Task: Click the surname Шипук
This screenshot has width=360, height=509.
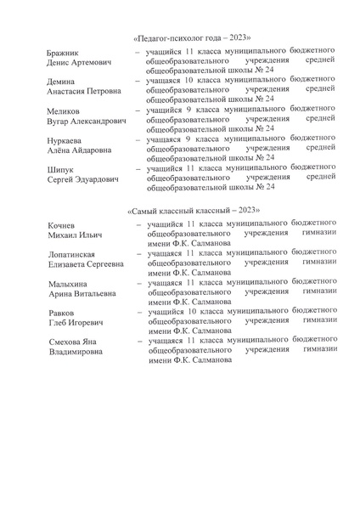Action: [x=62, y=169]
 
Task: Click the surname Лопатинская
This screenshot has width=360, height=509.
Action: [x=76, y=253]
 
